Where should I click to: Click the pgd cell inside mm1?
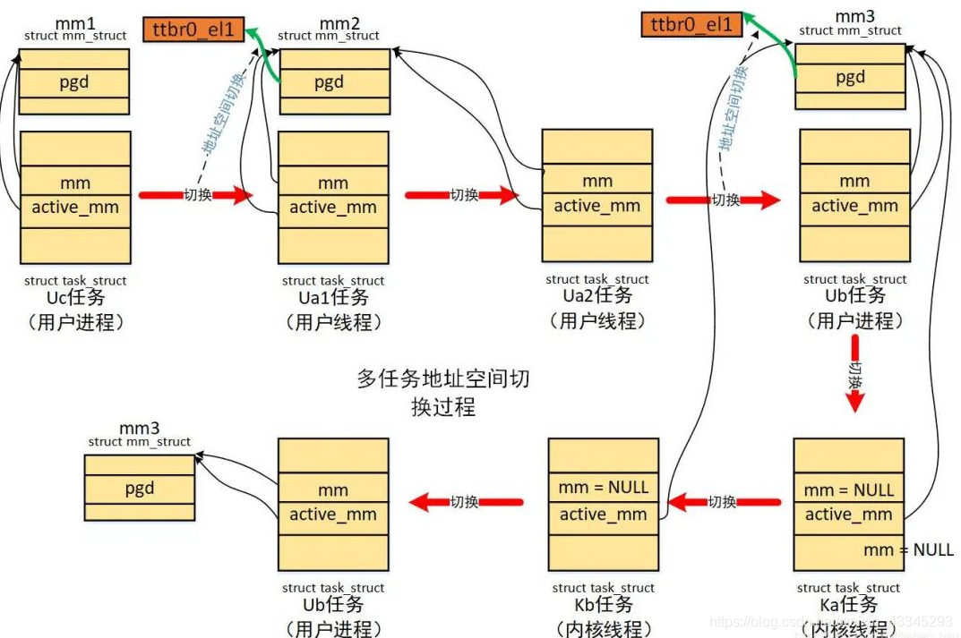73,83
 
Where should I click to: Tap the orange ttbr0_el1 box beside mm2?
192,30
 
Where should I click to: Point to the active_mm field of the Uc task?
74,208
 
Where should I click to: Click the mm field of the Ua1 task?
332,183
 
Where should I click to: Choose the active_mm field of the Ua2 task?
597,206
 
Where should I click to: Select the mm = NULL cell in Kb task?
603,488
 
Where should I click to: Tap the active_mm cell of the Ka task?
848,514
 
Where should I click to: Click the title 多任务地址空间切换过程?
443,392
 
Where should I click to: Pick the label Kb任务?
603,605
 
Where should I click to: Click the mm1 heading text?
74,21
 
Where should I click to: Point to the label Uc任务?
75,297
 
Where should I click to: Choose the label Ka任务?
848,605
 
